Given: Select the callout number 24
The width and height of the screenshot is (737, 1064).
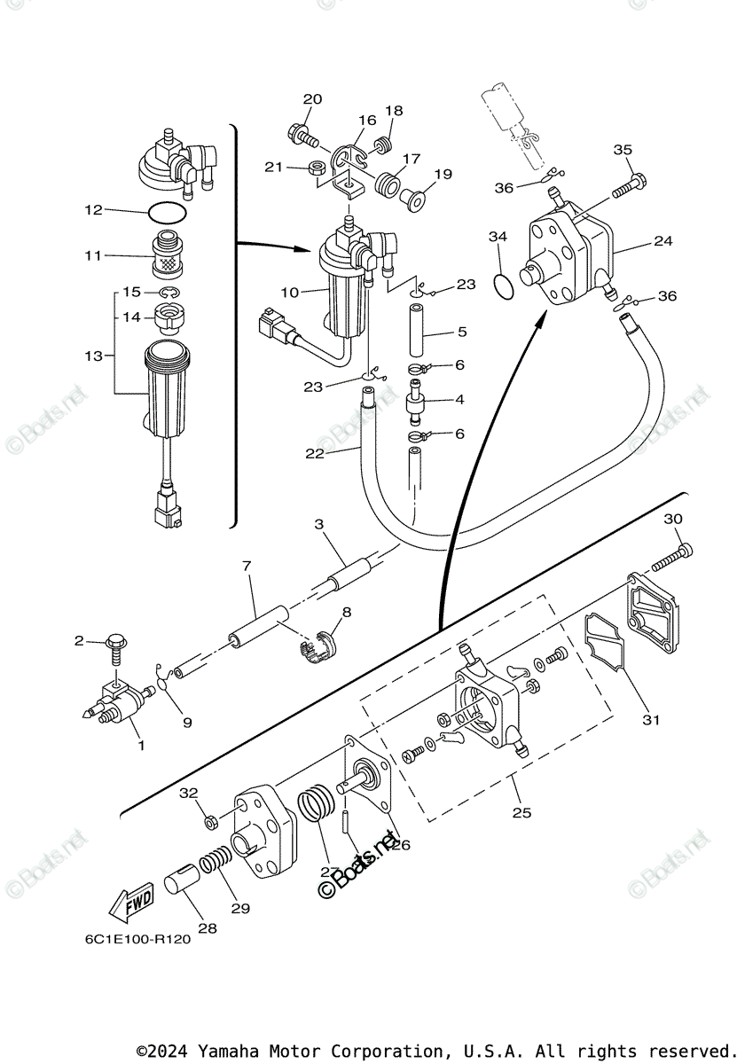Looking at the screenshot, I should click(x=663, y=240).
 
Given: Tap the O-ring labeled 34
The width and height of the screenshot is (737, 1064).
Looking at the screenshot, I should click(x=502, y=286).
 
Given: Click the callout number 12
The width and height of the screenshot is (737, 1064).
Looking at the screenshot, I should click(x=94, y=210).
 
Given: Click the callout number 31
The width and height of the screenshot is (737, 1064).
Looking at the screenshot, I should click(x=652, y=720).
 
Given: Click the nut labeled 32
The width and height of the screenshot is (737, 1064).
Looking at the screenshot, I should click(x=212, y=822).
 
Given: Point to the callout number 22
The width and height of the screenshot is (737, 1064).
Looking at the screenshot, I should click(x=315, y=453).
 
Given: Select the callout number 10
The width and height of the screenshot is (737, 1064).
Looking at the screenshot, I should click(x=291, y=290).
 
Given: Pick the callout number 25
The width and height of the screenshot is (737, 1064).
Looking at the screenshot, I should click(x=521, y=811).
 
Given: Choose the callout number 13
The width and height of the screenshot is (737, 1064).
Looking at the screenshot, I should click(x=91, y=356).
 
